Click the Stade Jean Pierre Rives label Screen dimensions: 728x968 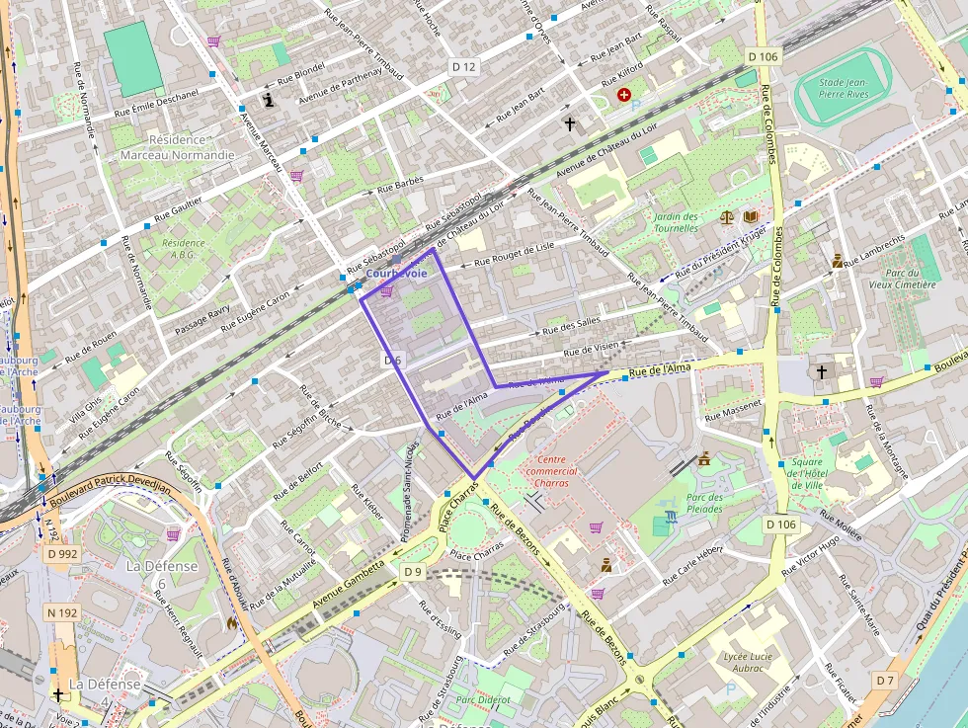844,90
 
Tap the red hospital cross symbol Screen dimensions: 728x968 623,94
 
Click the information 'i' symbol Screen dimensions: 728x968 269,99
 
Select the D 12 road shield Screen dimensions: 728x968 463,67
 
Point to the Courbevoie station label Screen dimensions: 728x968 396,273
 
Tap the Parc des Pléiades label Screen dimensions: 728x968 703,503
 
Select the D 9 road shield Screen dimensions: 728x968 412,571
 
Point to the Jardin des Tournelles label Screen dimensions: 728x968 676,222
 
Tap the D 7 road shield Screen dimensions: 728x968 884,681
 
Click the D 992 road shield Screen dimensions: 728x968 61,553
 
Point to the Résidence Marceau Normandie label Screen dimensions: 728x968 177,147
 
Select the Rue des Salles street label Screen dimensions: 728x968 572,327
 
